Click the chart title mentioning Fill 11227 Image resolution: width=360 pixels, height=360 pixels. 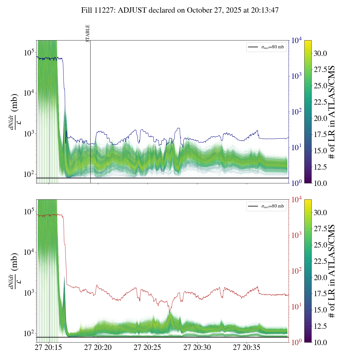[x=180, y=10]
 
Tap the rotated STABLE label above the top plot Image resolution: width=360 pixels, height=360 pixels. [x=88, y=33]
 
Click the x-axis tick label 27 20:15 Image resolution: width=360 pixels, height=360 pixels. [x=48, y=348]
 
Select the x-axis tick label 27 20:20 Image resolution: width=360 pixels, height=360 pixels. [x=98, y=348]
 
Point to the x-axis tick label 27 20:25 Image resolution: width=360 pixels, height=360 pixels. [x=147, y=348]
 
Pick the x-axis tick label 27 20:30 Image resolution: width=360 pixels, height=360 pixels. [x=197, y=348]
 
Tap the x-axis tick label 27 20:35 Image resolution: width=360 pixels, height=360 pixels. [x=247, y=348]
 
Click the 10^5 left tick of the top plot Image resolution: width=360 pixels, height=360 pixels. [x=29, y=53]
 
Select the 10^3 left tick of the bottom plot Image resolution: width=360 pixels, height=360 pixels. [x=29, y=293]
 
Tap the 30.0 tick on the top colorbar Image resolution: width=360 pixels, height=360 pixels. [x=320, y=53]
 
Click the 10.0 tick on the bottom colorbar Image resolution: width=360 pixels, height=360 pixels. [x=320, y=342]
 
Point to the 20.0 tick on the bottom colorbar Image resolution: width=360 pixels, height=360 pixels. [x=320, y=278]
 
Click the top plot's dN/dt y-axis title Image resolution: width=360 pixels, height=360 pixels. [x=14, y=112]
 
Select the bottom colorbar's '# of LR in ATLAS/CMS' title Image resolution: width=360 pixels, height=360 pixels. [x=332, y=271]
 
